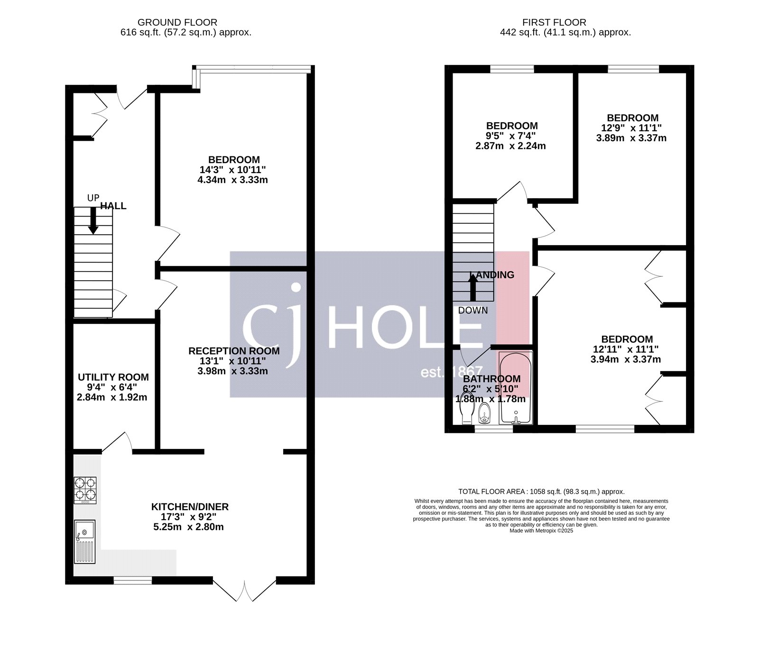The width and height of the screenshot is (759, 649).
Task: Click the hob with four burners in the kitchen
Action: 85,490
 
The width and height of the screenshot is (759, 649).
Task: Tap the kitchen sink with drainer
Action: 85,541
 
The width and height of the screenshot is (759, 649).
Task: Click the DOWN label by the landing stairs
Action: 472,311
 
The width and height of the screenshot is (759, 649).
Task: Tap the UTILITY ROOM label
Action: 113,377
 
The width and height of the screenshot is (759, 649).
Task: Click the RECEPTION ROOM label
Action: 234,351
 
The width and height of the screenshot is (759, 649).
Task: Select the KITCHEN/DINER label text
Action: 190,507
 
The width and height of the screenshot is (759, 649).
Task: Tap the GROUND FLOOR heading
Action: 177,22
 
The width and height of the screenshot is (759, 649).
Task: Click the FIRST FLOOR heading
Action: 554,22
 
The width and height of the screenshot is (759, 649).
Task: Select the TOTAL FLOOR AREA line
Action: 541,492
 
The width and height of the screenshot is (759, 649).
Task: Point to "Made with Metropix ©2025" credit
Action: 541,531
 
